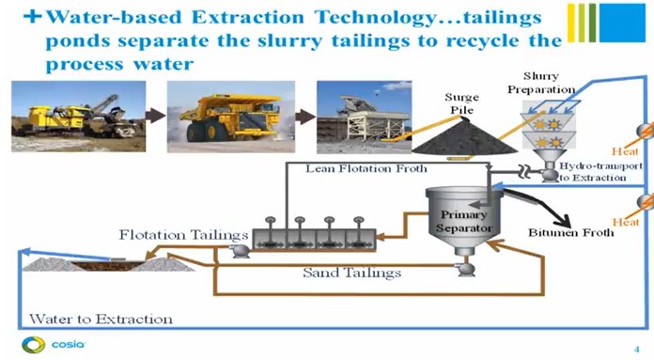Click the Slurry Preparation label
pos(551,83)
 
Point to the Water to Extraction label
pos(101,319)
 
